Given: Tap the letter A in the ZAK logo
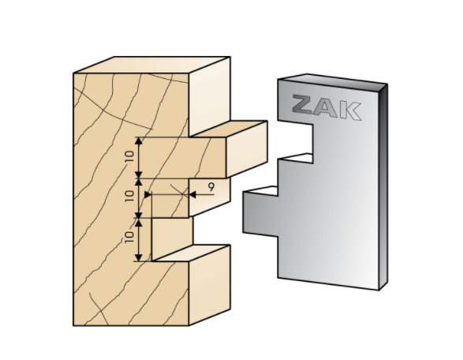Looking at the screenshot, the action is [x=326, y=108].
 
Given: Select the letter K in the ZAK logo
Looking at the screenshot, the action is [x=350, y=111].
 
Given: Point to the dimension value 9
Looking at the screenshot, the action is [x=211, y=187].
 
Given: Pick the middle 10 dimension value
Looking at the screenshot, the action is [x=129, y=196].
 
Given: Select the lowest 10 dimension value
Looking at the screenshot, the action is [x=129, y=237].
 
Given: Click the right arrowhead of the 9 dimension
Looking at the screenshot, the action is [x=192, y=194].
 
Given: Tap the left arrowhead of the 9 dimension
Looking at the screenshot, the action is [x=147, y=194].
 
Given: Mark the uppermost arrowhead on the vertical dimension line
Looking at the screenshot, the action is [x=139, y=141].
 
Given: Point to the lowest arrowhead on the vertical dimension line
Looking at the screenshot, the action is [x=139, y=257].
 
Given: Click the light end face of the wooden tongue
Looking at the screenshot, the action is [x=247, y=149].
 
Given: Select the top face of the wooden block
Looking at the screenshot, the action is [x=151, y=65].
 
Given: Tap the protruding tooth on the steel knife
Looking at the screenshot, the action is [x=260, y=212].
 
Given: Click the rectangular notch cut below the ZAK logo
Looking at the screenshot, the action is [x=295, y=141].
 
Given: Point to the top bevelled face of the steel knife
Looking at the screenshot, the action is [x=333, y=82].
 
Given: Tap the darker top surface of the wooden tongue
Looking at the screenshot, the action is [x=229, y=129].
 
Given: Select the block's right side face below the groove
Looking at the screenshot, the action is [x=210, y=285].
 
